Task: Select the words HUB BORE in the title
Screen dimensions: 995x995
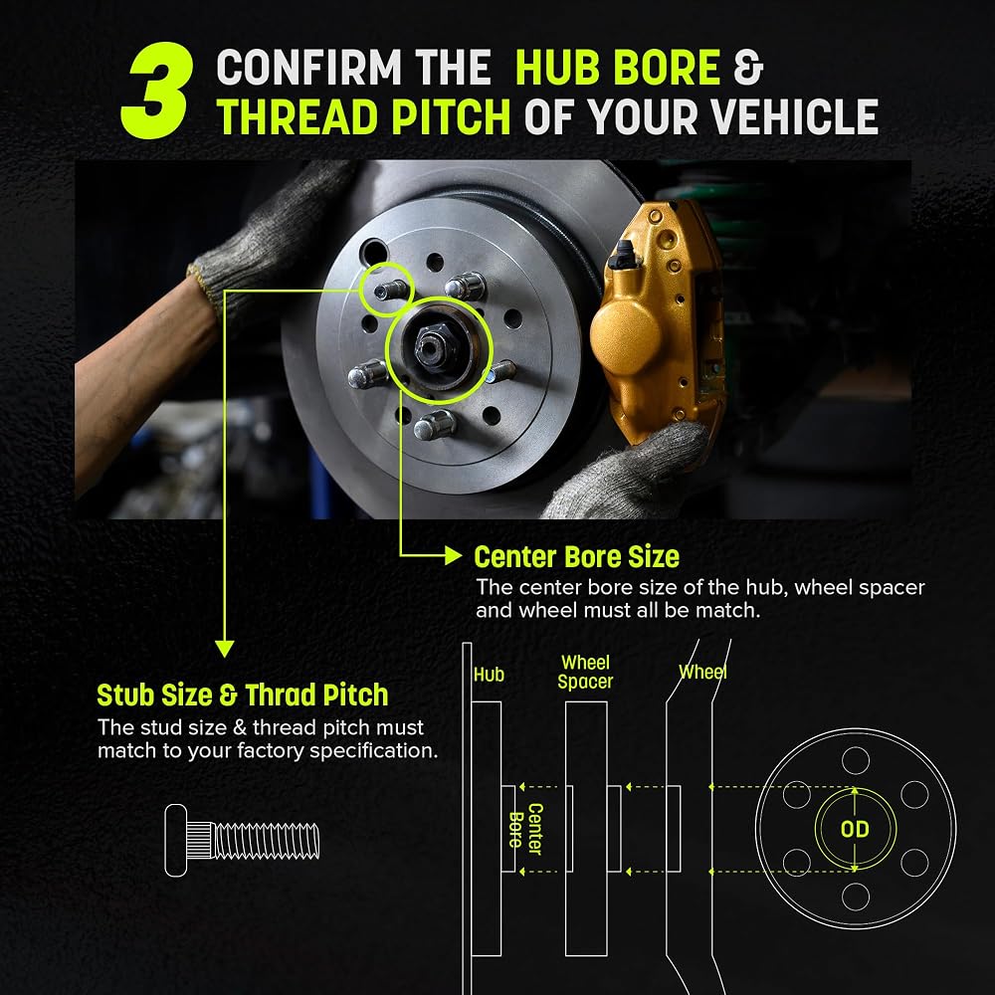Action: pyautogui.click(x=618, y=67)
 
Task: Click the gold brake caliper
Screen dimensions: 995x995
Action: pyautogui.click(x=659, y=323)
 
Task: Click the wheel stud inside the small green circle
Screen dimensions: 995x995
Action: pyautogui.click(x=390, y=291)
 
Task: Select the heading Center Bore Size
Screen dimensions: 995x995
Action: pyautogui.click(x=576, y=556)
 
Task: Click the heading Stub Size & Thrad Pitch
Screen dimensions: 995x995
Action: pyautogui.click(x=243, y=695)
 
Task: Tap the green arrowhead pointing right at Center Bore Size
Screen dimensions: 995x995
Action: pyautogui.click(x=453, y=555)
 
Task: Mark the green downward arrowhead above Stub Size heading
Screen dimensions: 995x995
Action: pyautogui.click(x=225, y=649)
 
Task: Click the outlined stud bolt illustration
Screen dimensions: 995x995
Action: pyautogui.click(x=242, y=840)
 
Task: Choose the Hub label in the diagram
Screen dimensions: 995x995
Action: pyautogui.click(x=489, y=675)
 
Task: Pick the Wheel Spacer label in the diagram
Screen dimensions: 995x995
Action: pyautogui.click(x=585, y=672)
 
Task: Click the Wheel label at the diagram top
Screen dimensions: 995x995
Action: pyautogui.click(x=702, y=672)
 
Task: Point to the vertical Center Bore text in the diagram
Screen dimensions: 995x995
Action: pyautogui.click(x=526, y=829)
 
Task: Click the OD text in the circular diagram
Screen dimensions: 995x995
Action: pyautogui.click(x=855, y=829)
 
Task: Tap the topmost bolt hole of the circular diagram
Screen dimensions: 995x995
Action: pyautogui.click(x=856, y=760)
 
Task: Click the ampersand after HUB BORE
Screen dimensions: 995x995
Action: pyautogui.click(x=748, y=67)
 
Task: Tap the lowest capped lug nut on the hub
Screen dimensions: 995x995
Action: pyautogui.click(x=436, y=425)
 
